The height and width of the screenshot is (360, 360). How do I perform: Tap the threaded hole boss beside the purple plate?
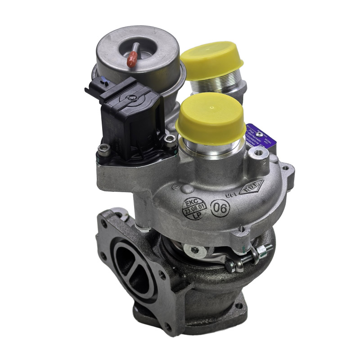(260, 155)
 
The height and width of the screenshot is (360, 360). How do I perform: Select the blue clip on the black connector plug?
(104, 82)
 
